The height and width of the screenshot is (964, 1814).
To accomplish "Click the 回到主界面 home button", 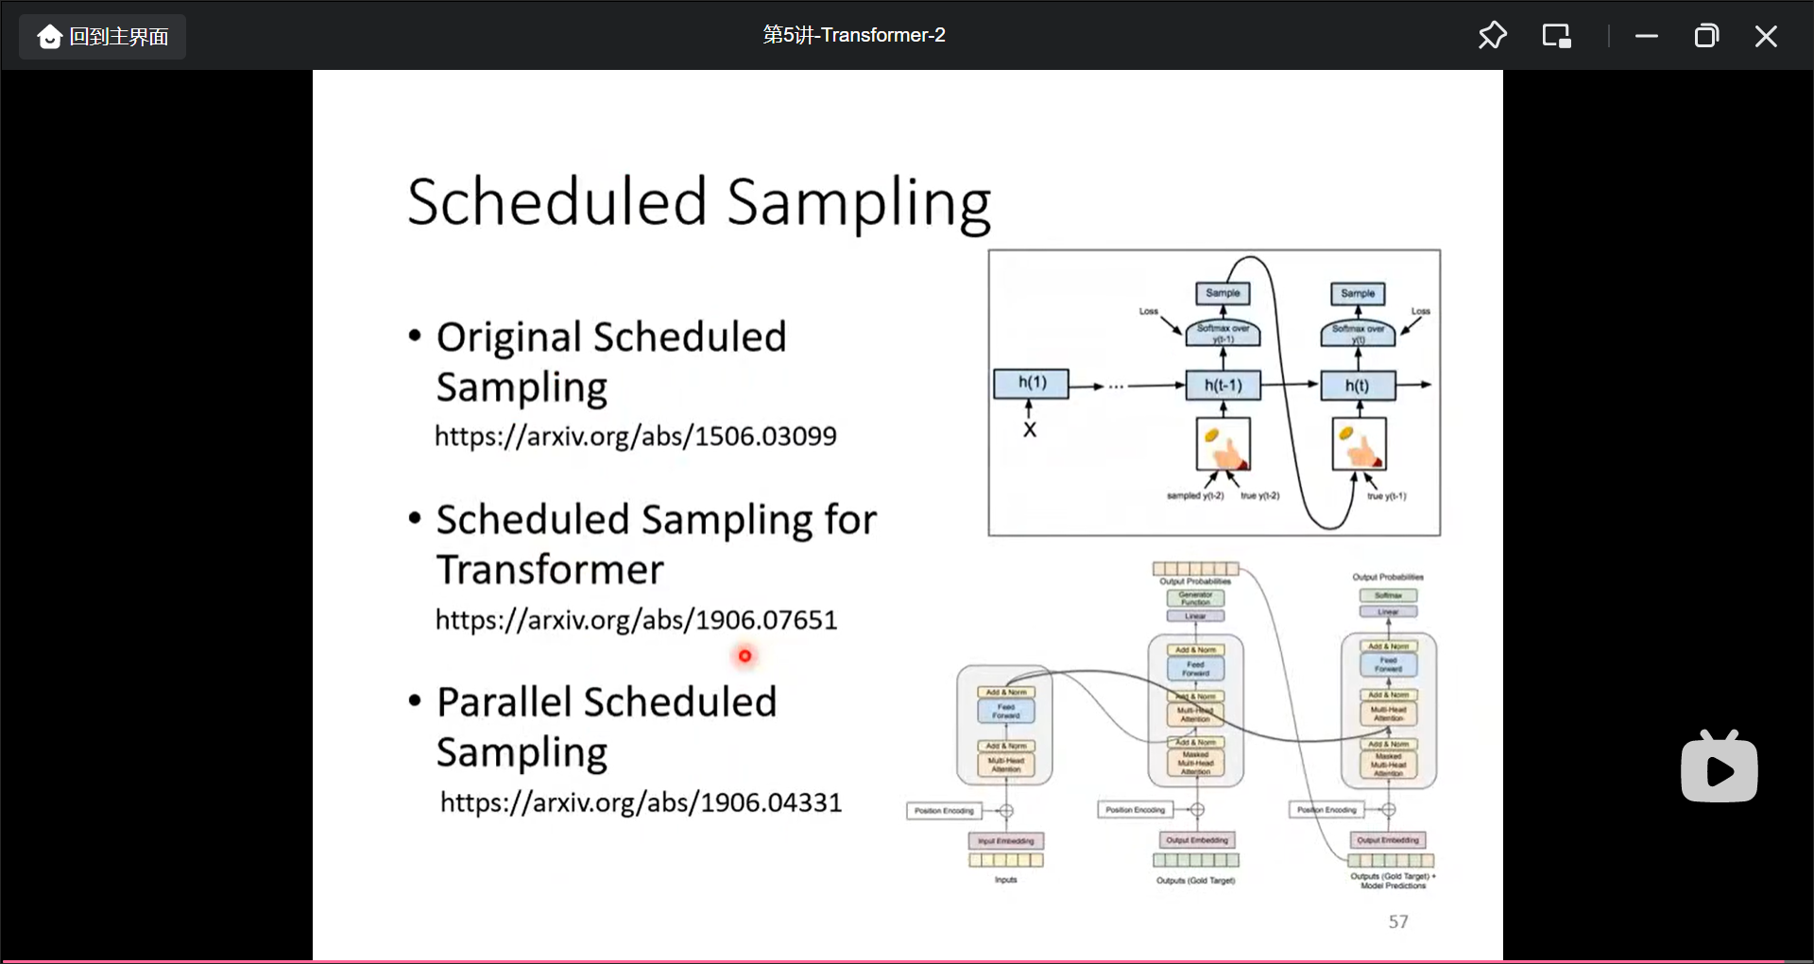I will point(102,37).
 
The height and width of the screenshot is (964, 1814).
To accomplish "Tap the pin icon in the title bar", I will point(1492,36).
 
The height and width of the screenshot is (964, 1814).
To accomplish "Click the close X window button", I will point(1765,37).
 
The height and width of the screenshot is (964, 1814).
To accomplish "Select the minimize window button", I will point(1646,37).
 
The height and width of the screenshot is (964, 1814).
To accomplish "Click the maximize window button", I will point(1705,37).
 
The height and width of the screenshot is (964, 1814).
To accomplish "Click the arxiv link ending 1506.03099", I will point(635,437).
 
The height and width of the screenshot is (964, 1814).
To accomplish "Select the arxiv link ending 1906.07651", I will point(636,620).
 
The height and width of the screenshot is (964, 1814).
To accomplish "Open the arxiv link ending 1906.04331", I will point(641,802).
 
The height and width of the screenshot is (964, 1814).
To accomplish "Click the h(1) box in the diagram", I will point(1032,384).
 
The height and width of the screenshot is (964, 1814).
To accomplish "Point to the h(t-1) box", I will point(1223,386).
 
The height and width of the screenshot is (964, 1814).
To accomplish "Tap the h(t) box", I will point(1357,386).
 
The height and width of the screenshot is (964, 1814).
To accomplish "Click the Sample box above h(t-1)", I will point(1223,293).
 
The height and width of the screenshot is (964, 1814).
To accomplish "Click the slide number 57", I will point(1398,921).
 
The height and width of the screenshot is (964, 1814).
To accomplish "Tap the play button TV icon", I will point(1719,768).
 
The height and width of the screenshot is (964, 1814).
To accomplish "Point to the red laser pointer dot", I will point(744,656).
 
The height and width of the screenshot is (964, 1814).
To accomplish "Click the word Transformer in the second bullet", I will point(550,570).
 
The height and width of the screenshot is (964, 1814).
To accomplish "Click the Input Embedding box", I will point(1005,840).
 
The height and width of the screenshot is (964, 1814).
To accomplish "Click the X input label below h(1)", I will point(1030,430).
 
